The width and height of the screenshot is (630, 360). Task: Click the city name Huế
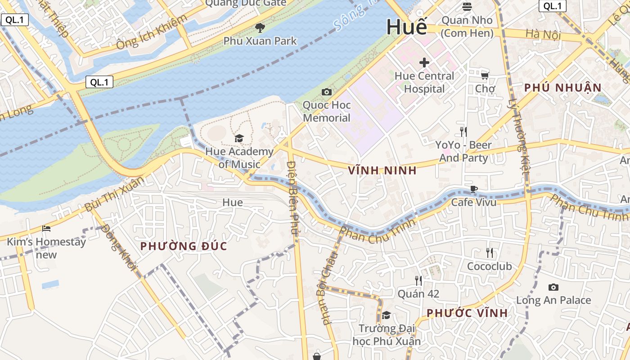[x=406, y=27]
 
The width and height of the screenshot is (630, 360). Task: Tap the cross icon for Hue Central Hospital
[x=424, y=63]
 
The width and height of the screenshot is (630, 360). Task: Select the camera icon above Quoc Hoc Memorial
[x=327, y=92]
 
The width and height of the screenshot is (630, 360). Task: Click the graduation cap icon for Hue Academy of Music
[x=239, y=138]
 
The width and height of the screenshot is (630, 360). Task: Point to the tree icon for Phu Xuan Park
[x=260, y=28]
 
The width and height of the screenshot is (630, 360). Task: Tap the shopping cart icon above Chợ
[x=485, y=75]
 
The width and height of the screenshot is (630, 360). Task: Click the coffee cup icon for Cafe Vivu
[x=473, y=189]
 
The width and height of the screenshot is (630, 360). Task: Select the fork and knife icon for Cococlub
[x=490, y=253]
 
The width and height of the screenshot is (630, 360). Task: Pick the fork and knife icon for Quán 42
[x=418, y=281]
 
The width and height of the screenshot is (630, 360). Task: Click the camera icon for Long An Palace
[x=553, y=287]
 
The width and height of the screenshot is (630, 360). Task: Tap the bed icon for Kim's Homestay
[x=46, y=229]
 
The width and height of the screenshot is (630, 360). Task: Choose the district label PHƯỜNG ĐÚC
[x=184, y=246]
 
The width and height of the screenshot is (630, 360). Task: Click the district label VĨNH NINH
[x=382, y=171]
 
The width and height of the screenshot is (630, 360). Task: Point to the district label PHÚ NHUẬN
[x=563, y=88]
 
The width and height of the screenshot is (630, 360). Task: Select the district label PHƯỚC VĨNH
[x=467, y=313]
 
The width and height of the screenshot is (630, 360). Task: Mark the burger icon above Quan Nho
[x=467, y=7]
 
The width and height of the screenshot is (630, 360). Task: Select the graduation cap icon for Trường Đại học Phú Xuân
[x=386, y=315]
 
